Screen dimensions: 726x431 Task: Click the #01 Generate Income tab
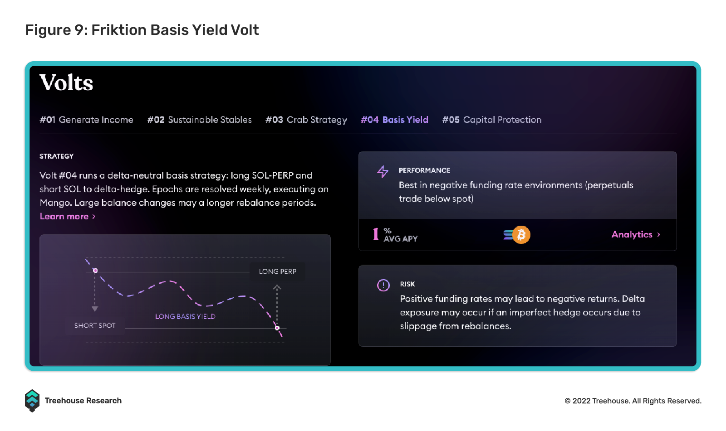[86, 120]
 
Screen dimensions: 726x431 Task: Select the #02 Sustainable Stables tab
[199, 120]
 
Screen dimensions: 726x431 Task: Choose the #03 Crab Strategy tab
[306, 120]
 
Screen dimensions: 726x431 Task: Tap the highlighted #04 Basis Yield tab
[394, 120]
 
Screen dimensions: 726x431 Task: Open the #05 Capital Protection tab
[492, 120]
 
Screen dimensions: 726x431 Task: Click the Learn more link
[68, 216]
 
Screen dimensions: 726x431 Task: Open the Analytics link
[636, 234]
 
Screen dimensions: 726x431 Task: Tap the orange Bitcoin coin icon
[521, 234]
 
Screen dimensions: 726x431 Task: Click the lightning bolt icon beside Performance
[383, 172]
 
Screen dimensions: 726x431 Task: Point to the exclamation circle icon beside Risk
[383, 285]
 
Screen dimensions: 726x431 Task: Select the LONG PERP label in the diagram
[277, 271]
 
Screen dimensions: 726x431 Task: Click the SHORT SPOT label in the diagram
[95, 325]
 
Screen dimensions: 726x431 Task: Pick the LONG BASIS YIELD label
[185, 316]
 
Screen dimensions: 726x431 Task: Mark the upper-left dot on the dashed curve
[95, 271]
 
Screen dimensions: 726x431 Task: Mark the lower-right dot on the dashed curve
[277, 328]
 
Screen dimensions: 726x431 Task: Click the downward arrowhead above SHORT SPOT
[95, 309]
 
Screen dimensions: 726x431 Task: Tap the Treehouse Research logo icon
[32, 401]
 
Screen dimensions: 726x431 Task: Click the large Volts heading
[66, 82]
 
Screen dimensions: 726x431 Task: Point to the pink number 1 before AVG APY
[376, 234]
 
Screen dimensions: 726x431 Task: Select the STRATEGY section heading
[56, 156]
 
